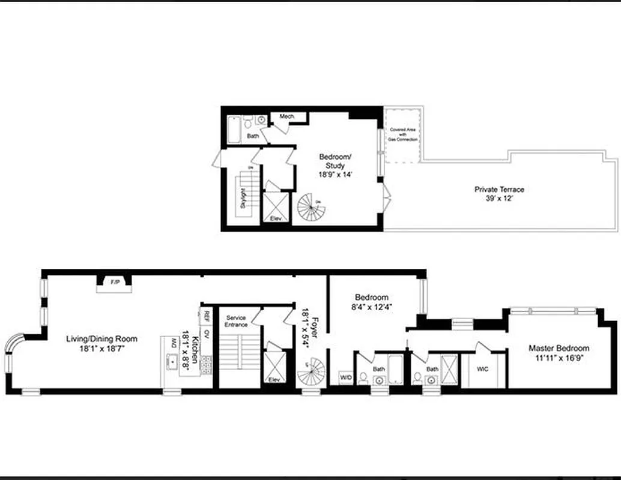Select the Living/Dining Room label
tap(101, 339)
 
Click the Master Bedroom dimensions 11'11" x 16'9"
tap(559, 358)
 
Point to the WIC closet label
tap(483, 369)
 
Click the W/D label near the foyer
tap(346, 377)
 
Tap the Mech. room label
tap(287, 116)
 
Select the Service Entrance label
tap(236, 321)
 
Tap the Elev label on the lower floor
tap(274, 380)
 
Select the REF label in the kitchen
tap(206, 314)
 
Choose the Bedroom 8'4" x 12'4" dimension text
tap(372, 308)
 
